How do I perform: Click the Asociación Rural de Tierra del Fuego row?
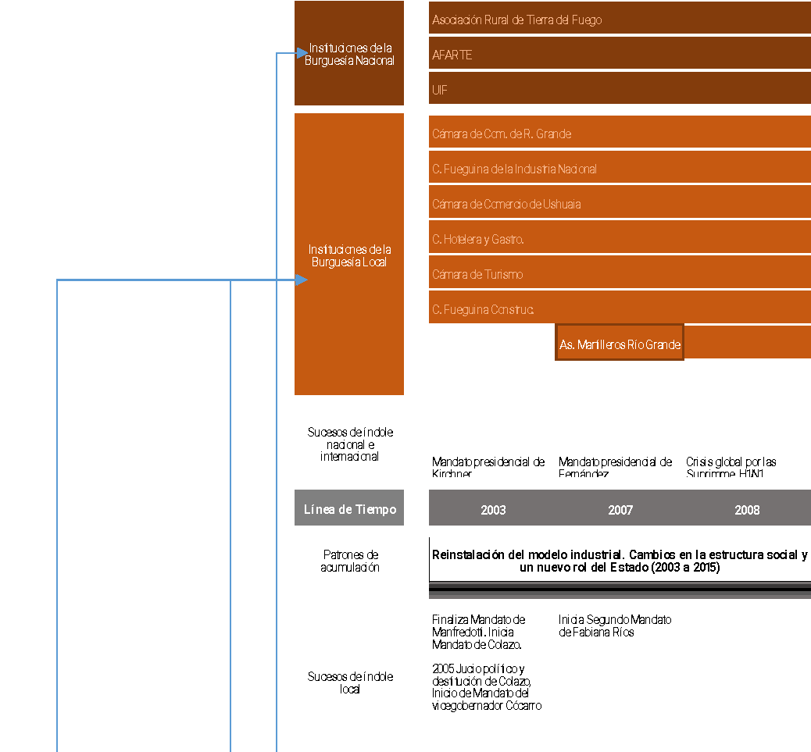point(516,20)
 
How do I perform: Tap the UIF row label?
point(440,91)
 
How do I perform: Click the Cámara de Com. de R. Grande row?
point(502,134)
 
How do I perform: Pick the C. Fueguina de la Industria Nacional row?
point(514,169)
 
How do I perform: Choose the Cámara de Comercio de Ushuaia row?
point(506,205)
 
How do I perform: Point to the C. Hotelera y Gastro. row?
point(477,240)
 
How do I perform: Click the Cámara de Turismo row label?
point(477,275)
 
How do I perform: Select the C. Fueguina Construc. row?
point(483,310)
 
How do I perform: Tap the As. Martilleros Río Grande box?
point(620,344)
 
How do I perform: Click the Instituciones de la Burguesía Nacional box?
point(349,54)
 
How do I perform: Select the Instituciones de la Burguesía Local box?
point(349,255)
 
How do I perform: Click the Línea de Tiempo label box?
point(349,509)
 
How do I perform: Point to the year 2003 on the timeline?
point(493,510)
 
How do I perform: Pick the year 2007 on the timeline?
point(620,510)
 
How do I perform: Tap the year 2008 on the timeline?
point(747,510)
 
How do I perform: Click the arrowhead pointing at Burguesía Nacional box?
point(302,53)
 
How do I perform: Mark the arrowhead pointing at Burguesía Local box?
point(302,280)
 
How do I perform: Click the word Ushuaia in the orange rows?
point(561,205)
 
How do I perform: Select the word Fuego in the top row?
point(586,20)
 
